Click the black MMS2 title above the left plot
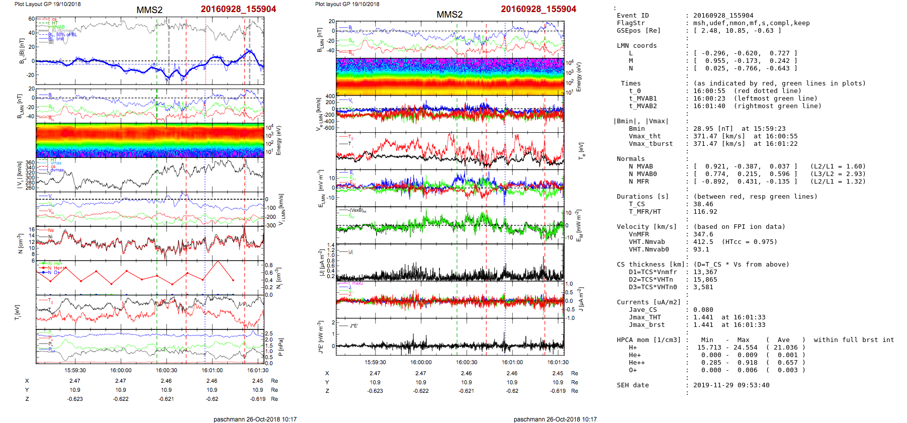[149, 10]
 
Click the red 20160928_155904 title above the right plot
[538, 9]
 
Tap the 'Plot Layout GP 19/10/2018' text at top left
[47, 4]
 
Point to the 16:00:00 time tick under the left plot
[121, 371]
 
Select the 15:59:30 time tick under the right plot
[375, 362]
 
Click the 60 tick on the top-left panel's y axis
[32, 19]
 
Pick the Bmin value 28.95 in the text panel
[703, 129]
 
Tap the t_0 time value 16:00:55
[709, 91]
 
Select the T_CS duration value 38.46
[703, 204]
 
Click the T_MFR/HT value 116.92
[705, 212]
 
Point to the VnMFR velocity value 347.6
[703, 234]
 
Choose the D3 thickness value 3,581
[703, 287]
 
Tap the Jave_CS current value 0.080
[703, 310]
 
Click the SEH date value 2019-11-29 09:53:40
[731, 385]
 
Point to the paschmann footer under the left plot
[255, 419]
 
